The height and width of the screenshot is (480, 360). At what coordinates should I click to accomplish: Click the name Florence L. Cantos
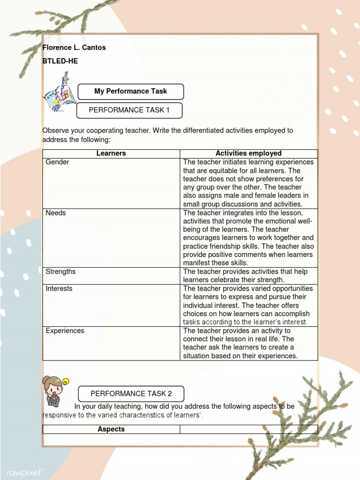pos(74,47)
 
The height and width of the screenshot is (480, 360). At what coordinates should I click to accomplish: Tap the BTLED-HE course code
pos(60,61)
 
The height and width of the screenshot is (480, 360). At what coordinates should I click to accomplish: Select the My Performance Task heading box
pos(130,91)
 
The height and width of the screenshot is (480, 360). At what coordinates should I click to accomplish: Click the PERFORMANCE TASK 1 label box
pos(129,110)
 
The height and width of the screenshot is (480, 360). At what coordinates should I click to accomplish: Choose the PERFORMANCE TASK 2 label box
pos(131,394)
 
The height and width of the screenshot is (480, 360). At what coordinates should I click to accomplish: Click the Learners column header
pos(111,153)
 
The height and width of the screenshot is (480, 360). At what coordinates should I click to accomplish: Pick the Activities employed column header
pos(248,153)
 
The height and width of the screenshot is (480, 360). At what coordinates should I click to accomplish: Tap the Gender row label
pos(57,162)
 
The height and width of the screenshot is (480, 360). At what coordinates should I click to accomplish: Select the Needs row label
pos(56,213)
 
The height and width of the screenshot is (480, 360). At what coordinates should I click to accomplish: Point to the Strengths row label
pos(60,272)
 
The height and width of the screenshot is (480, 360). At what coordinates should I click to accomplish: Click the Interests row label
pos(59,289)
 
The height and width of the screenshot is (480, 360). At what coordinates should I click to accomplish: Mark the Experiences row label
pos(65,331)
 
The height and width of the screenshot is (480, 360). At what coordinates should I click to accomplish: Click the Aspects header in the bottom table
pos(111,429)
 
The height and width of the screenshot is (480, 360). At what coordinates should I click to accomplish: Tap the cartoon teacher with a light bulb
pos(54,391)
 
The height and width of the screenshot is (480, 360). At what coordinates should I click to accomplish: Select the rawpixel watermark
pos(24,472)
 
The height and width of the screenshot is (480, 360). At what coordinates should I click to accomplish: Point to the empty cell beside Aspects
pos(248,429)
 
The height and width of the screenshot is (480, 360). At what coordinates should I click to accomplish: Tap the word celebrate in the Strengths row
pos(227,280)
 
